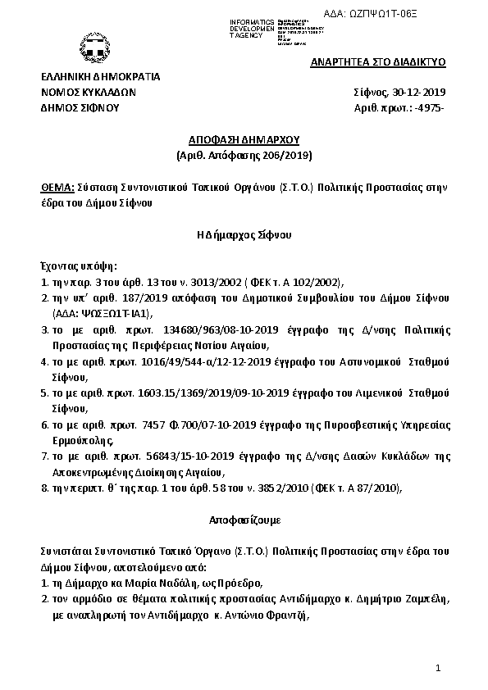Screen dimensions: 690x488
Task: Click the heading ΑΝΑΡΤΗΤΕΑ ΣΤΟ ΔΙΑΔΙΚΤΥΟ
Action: pyautogui.click(x=377, y=62)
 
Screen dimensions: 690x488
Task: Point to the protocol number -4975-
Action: pyautogui.click(x=429, y=107)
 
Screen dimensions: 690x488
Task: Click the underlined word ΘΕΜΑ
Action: pyautogui.click(x=56, y=187)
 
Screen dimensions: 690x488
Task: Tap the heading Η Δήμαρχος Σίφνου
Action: pyautogui.click(x=244, y=234)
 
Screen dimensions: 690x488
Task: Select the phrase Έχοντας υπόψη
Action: pyautogui.click(x=79, y=266)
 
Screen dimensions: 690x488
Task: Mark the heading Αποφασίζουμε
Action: pyautogui.click(x=244, y=520)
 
